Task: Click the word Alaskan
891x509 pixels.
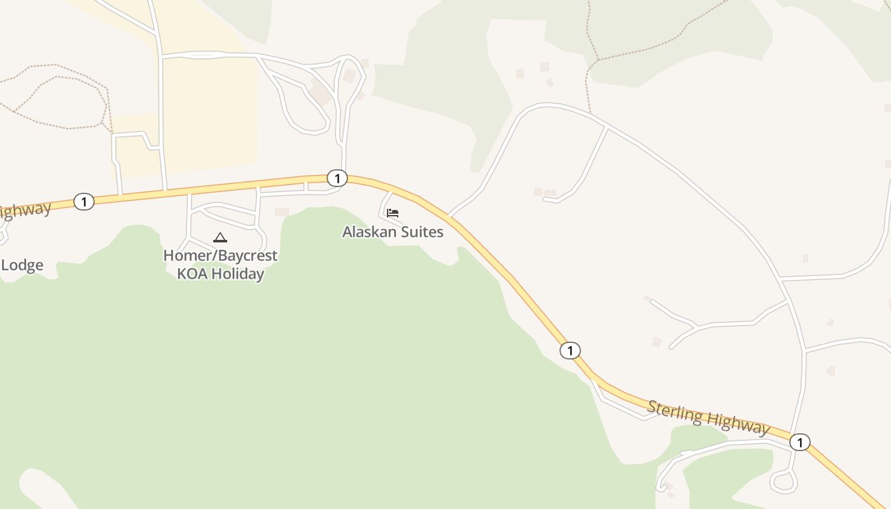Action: tap(368, 232)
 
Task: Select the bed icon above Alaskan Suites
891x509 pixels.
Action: tap(393, 213)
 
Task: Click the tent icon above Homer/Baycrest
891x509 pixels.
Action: tap(220, 238)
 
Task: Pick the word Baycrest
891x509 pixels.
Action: tap(246, 256)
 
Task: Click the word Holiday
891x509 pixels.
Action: tap(238, 274)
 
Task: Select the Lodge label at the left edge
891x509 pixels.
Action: tap(22, 265)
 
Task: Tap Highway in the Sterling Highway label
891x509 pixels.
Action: tap(738, 423)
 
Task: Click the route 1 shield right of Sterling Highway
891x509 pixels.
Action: tap(800, 442)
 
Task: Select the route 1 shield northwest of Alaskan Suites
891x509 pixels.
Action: tap(337, 178)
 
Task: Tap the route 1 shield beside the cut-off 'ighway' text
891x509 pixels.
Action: tap(83, 202)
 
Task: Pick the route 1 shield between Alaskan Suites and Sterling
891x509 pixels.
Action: tap(570, 350)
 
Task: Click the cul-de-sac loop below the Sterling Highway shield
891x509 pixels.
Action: tap(783, 482)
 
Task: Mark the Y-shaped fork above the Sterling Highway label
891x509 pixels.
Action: tap(697, 327)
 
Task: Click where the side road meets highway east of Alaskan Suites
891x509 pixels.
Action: tap(449, 216)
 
